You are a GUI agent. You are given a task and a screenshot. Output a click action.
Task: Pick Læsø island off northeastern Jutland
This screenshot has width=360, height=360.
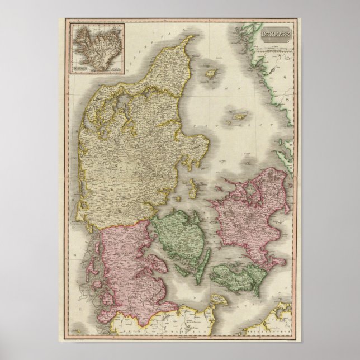[x=212, y=73]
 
